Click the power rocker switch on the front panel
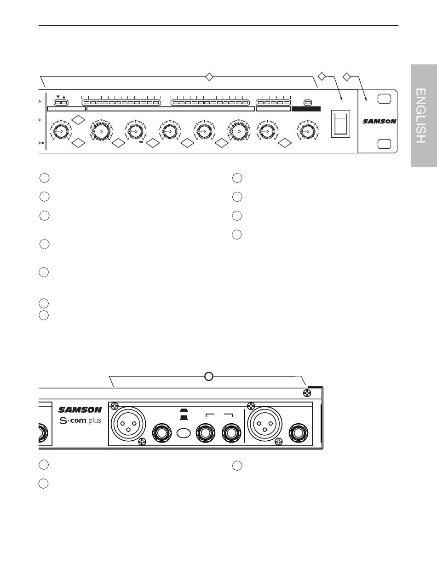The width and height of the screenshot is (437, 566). click(340, 124)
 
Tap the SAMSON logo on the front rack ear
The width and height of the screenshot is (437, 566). click(379, 121)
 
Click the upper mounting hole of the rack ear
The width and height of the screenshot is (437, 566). click(384, 99)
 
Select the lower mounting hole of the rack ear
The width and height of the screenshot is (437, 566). click(384, 144)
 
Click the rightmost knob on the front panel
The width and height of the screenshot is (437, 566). click(307, 131)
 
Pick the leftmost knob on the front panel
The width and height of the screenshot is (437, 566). click(61, 131)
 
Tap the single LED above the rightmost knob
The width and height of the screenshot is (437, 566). click(308, 103)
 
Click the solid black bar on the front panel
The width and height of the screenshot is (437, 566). click(306, 109)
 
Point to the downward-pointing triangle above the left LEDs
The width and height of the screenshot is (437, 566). click(58, 97)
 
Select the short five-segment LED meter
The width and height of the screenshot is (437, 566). click(273, 103)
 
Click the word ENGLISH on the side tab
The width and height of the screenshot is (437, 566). click(420, 116)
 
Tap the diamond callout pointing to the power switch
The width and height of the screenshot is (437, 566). click(322, 76)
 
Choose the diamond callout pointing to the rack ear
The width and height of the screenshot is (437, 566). click(347, 77)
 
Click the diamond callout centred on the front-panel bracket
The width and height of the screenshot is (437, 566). click(209, 77)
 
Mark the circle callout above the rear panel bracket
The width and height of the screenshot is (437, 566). click(209, 376)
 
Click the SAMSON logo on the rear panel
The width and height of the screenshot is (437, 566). click(80, 410)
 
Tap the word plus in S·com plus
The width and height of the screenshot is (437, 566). click(94, 421)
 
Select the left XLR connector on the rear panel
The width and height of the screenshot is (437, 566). click(128, 424)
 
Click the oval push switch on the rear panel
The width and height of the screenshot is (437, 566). click(184, 433)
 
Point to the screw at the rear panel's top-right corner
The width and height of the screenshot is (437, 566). click(307, 393)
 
